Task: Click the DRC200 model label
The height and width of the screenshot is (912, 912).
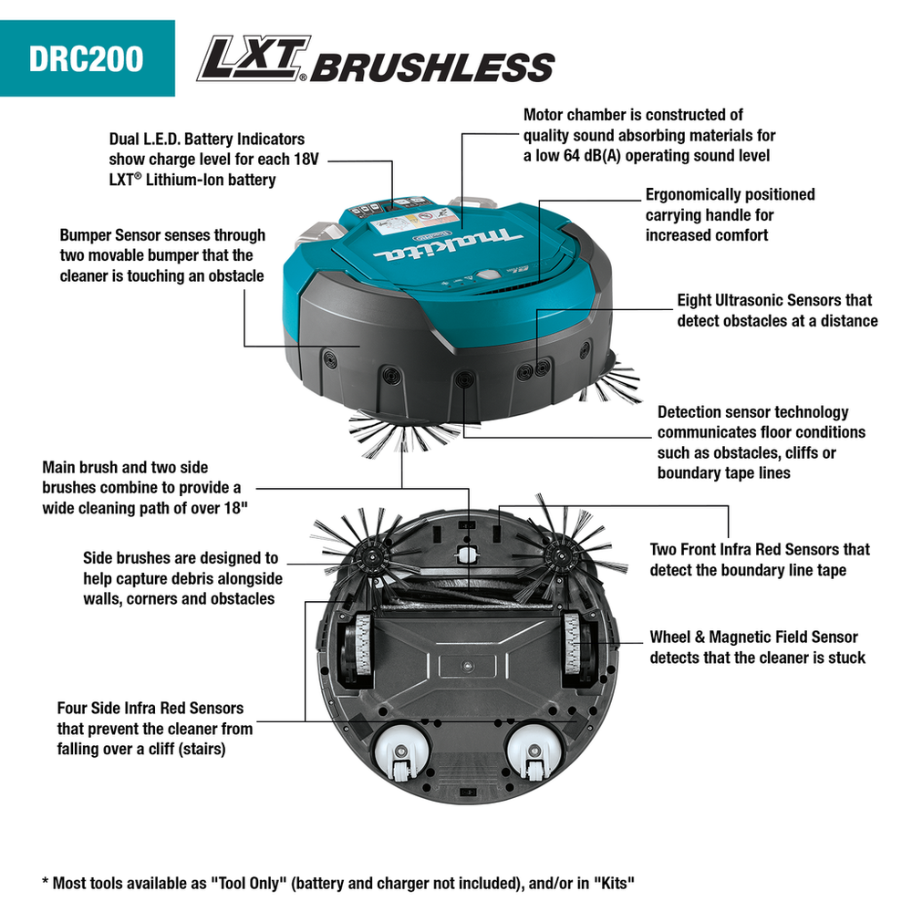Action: pyautogui.click(x=86, y=58)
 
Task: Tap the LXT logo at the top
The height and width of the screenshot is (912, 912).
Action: pyautogui.click(x=253, y=58)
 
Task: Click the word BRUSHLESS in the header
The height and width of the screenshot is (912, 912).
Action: pyautogui.click(x=432, y=67)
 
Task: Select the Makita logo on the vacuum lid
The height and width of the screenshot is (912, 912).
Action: pyautogui.click(x=448, y=244)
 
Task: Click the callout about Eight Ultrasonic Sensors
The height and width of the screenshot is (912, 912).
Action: pyautogui.click(x=777, y=311)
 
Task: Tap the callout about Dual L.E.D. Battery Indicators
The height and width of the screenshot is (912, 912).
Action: pyautogui.click(x=213, y=160)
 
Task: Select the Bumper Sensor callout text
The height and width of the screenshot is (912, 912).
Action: pyautogui.click(x=162, y=255)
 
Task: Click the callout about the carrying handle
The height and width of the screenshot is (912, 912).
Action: pyautogui.click(x=730, y=214)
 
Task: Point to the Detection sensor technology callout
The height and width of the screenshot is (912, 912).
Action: pyautogui.click(x=761, y=442)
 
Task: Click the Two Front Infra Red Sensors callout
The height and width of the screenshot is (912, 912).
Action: pyautogui.click(x=760, y=560)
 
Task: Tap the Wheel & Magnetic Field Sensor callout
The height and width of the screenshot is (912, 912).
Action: pyautogui.click(x=757, y=648)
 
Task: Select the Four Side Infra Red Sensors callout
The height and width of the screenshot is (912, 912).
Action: pyautogui.click(x=155, y=728)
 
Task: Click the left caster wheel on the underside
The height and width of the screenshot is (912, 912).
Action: pyautogui.click(x=400, y=752)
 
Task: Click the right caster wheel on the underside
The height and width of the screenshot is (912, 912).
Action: pyautogui.click(x=534, y=752)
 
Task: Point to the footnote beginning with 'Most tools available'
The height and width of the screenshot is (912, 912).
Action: pyautogui.click(x=338, y=884)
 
